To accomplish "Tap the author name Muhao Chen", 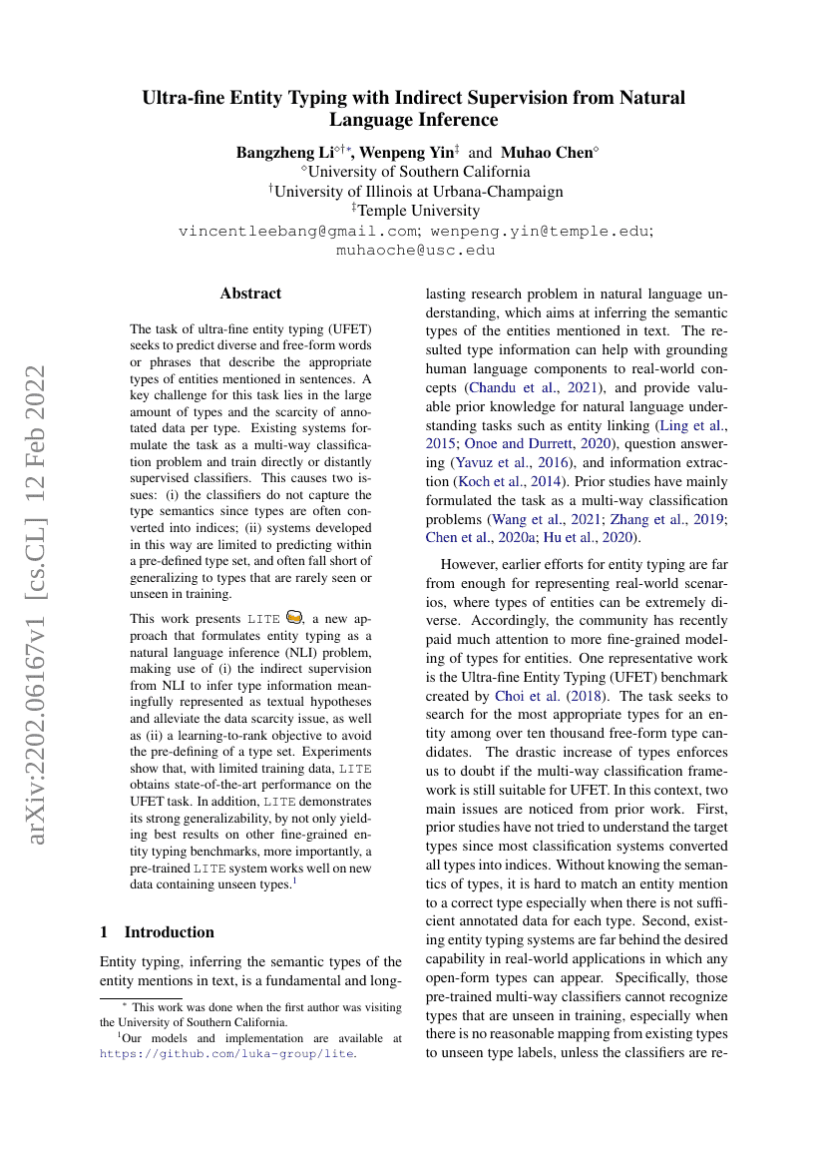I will (x=546, y=153).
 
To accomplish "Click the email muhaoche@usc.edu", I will (x=416, y=250).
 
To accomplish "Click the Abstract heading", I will (x=250, y=293).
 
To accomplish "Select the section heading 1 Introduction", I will (x=157, y=931).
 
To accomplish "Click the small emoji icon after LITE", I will (x=293, y=617).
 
